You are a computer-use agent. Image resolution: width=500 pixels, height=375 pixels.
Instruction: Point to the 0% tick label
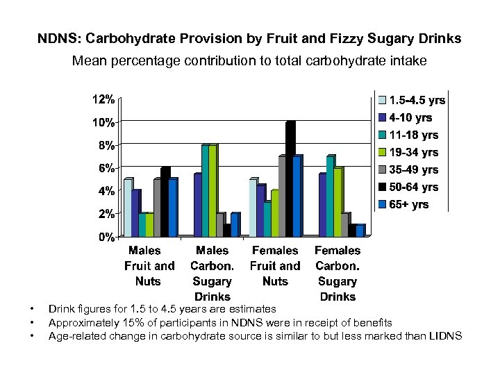[x=106, y=237]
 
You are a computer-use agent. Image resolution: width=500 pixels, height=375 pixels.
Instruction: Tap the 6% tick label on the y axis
[x=106, y=168]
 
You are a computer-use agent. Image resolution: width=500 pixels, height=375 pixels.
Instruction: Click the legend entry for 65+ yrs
[x=409, y=204]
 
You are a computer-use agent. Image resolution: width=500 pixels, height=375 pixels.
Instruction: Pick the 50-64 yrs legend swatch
[x=382, y=187]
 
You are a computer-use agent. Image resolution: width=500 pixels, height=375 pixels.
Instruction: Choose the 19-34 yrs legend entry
[x=413, y=152]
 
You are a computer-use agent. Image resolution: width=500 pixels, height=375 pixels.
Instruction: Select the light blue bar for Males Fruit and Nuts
[x=128, y=208]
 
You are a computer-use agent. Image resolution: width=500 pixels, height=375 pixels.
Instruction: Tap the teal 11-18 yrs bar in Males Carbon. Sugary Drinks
[x=204, y=191]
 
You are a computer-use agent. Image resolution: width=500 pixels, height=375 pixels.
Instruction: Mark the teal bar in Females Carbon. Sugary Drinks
[x=330, y=197]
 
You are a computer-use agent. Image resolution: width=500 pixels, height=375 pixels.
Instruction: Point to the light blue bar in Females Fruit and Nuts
[x=253, y=208]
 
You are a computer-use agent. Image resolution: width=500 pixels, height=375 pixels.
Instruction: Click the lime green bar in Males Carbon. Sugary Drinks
[x=212, y=191]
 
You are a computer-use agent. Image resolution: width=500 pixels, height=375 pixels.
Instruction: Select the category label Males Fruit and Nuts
[x=149, y=266]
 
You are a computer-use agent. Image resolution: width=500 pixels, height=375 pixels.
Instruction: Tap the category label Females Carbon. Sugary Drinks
[x=337, y=274]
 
